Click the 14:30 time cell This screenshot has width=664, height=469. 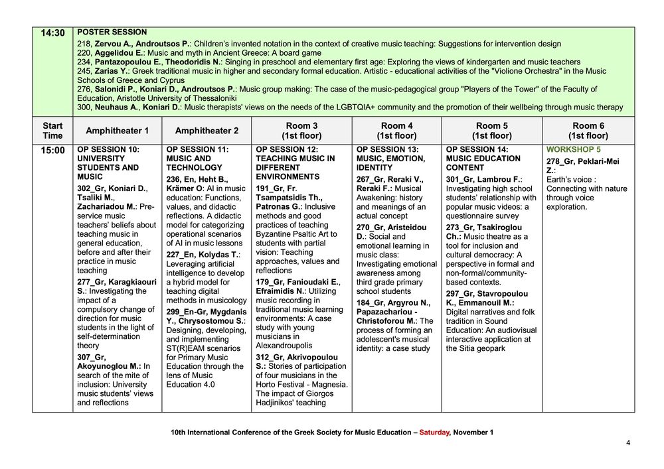point(52,33)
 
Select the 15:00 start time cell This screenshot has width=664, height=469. point(52,151)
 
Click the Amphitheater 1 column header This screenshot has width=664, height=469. point(118,131)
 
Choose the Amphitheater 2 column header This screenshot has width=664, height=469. point(207,131)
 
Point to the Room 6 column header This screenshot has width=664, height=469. point(588,131)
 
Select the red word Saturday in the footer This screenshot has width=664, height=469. point(434,433)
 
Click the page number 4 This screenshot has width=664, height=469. point(627,442)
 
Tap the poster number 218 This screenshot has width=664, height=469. point(84,44)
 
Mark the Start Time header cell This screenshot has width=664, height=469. point(52,131)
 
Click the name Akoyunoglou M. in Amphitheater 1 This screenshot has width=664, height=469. point(108,366)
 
